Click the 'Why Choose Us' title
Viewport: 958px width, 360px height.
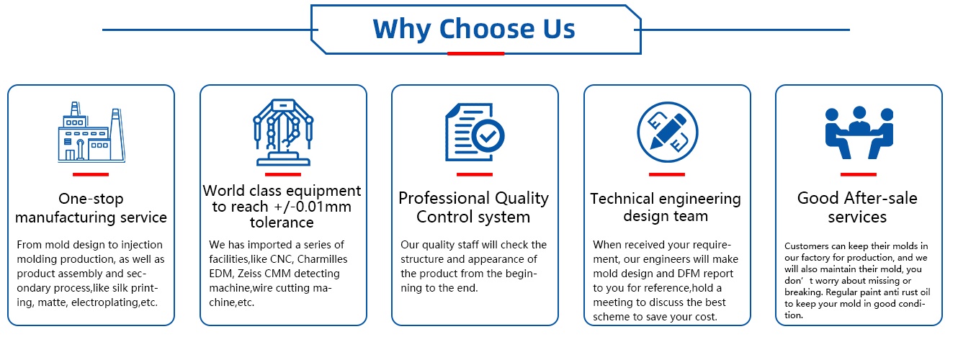pyautogui.click(x=474, y=29)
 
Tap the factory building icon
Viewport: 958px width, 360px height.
pyautogui.click(x=91, y=132)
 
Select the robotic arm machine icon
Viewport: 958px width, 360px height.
pyautogui.click(x=283, y=132)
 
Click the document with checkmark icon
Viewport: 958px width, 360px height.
pyautogui.click(x=475, y=132)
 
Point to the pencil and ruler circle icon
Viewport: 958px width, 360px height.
pyautogui.click(x=667, y=132)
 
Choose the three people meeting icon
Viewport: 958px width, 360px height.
pyautogui.click(x=859, y=132)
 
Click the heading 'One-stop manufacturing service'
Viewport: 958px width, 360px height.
pyautogui.click(x=91, y=208)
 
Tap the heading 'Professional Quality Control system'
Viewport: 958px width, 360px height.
pyautogui.click(x=473, y=207)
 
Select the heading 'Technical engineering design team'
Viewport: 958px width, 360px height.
pyautogui.click(x=666, y=207)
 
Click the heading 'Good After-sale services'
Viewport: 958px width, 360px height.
pyautogui.click(x=857, y=207)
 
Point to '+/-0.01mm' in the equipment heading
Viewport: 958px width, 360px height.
pyautogui.click(x=312, y=207)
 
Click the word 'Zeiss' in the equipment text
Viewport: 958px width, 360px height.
pyautogui.click(x=249, y=274)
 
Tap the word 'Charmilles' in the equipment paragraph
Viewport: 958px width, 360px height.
pyautogui.click(x=322, y=259)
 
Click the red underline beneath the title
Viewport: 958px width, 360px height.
pyautogui.click(x=475, y=53)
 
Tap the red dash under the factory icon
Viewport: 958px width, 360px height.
pyautogui.click(x=91, y=174)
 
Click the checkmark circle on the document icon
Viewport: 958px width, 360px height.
pyautogui.click(x=488, y=136)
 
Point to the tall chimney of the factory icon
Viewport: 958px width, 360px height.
pyautogui.click(x=117, y=134)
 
